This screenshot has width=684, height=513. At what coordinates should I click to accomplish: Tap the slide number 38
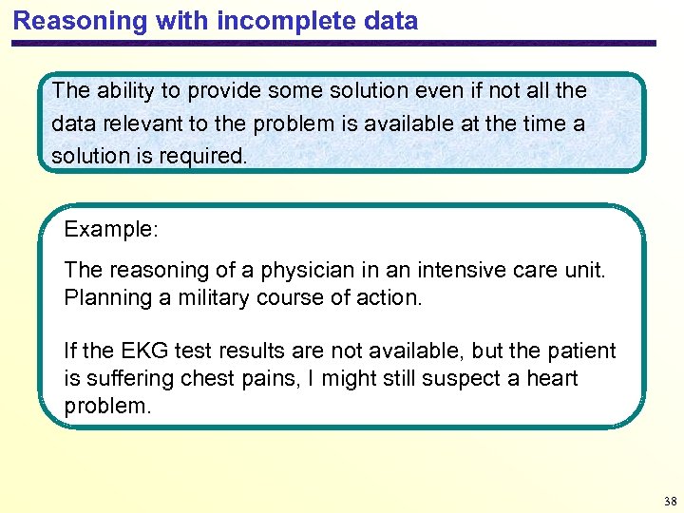point(672,501)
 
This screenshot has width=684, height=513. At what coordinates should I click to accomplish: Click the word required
point(206,156)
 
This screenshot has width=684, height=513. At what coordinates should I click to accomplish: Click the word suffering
point(126,379)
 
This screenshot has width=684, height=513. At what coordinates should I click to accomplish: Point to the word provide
point(225,91)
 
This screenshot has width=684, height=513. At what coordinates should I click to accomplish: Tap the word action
point(389,297)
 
